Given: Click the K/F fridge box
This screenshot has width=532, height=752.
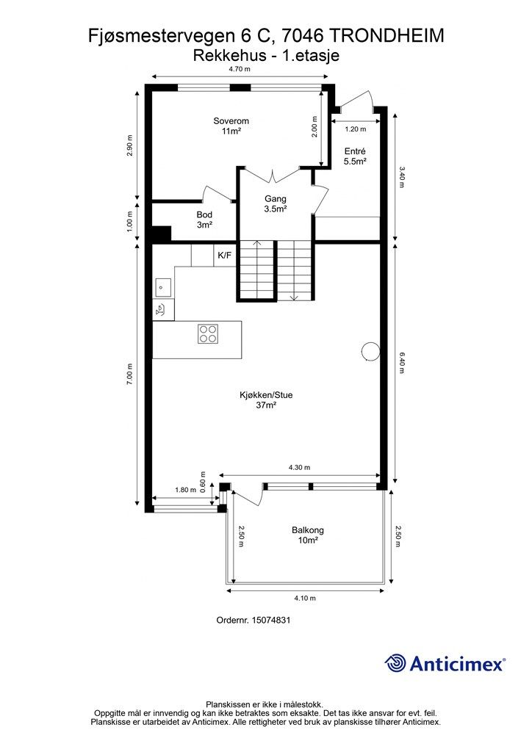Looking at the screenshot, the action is coord(225,255).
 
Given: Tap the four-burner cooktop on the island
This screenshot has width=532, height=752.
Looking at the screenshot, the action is coord(208,334).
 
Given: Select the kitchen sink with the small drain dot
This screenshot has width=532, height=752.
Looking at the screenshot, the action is coord(162,288).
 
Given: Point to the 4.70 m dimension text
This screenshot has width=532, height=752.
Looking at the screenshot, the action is coord(240,68).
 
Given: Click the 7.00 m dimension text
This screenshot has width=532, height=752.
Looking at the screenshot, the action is coord(129,373).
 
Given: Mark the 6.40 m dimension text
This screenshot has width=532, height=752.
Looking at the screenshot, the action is coord(402,363).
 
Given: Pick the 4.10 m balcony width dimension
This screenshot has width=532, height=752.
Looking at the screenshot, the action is coord(305,598).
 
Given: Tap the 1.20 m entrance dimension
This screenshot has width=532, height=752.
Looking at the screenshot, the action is coord(356,129).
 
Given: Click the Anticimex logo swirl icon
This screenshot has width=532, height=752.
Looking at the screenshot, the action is coord(395,663).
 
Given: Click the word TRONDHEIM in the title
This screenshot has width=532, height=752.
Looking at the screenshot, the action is coord(387,36).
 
